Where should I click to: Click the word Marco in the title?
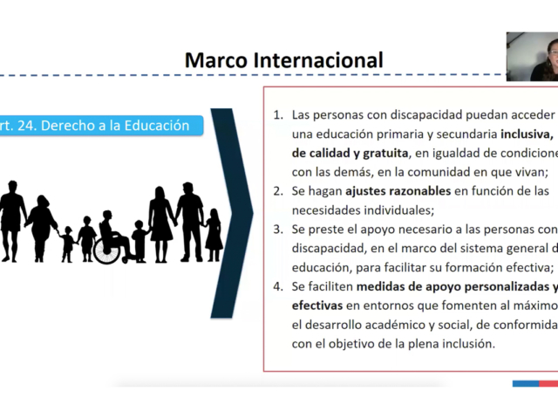pyautogui.click(x=216, y=60)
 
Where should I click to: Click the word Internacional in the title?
pyautogui.click(x=318, y=60)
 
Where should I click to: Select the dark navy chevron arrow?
pyautogui.click(x=232, y=213)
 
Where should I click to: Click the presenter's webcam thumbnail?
pyautogui.click(x=532, y=57)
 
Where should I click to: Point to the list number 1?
pyautogui.click(x=278, y=114)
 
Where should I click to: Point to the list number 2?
pyautogui.click(x=278, y=191)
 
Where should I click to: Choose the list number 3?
pyautogui.click(x=278, y=229)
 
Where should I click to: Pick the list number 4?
pyautogui.click(x=278, y=286)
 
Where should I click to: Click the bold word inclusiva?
pyautogui.click(x=527, y=134)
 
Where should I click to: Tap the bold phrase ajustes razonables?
pyautogui.click(x=398, y=191)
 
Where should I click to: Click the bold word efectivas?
pyautogui.click(x=317, y=306)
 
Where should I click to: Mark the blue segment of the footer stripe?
pyautogui.click(x=526, y=384)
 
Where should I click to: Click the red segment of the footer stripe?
pyautogui.click(x=548, y=384)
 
